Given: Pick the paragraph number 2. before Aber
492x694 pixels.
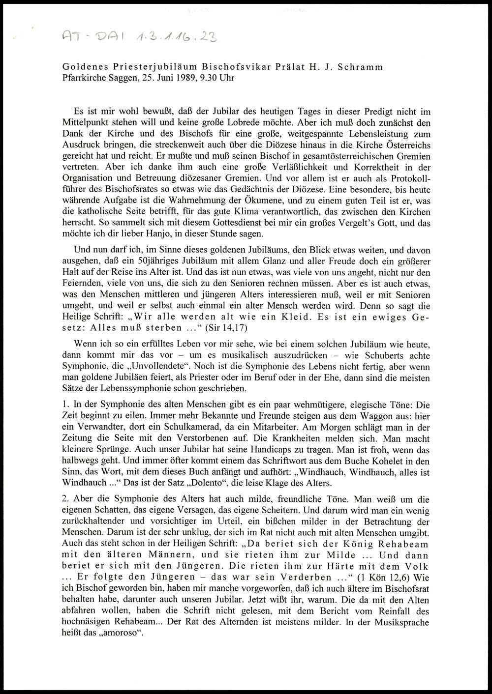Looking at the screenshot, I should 66,498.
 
